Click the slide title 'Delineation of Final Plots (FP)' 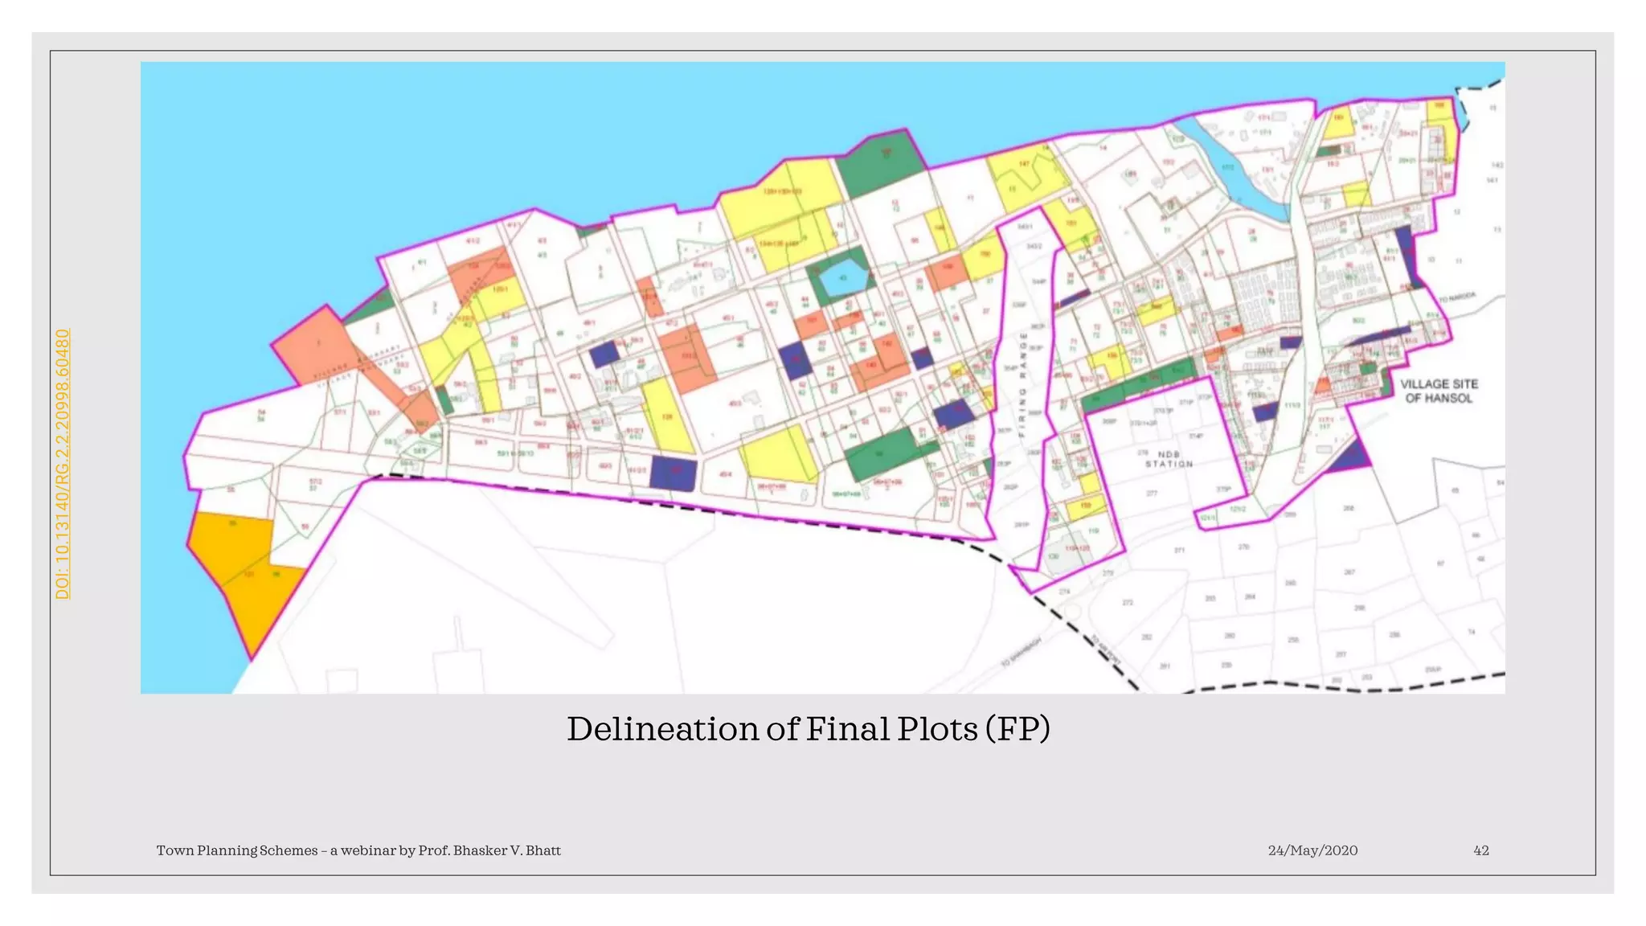808,729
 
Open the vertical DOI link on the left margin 63,464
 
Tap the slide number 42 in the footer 1480,850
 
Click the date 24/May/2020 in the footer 1312,850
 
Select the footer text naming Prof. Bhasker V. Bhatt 358,850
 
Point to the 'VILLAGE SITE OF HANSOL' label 1439,391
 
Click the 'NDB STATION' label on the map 1169,459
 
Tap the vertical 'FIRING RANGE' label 1022,383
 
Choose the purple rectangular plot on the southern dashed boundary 672,473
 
